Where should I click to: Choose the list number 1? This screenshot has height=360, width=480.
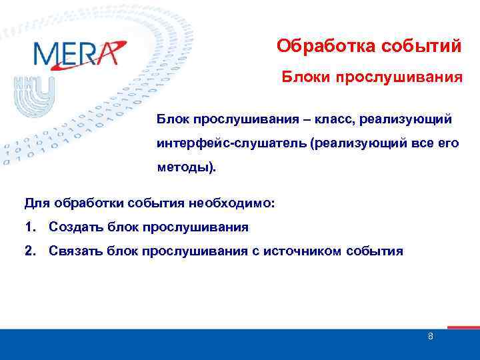(x=28, y=227)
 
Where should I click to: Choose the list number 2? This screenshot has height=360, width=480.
(x=28, y=251)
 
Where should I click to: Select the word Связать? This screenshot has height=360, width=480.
(x=72, y=251)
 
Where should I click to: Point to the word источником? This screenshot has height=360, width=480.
(x=303, y=251)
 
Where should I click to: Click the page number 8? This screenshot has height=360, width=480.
(x=431, y=337)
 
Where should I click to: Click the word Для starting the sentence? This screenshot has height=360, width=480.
(x=35, y=202)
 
